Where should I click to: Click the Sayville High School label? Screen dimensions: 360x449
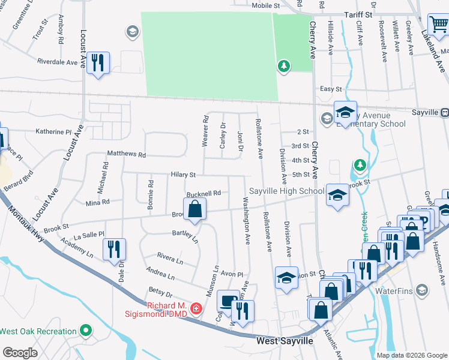[x=286, y=191]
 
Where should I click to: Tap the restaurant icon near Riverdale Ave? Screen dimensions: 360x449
[x=97, y=62]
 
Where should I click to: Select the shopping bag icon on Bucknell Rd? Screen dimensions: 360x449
[x=194, y=209]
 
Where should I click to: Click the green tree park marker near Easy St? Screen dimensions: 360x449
[x=284, y=65]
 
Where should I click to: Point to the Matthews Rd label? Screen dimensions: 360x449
[x=126, y=154]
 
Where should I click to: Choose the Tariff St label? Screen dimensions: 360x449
[x=358, y=13]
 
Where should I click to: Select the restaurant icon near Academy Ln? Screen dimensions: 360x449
[x=113, y=249]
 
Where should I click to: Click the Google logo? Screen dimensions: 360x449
[x=20, y=353]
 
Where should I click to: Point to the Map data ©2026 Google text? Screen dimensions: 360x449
[x=411, y=355]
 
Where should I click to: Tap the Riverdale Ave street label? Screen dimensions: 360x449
[x=58, y=62]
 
